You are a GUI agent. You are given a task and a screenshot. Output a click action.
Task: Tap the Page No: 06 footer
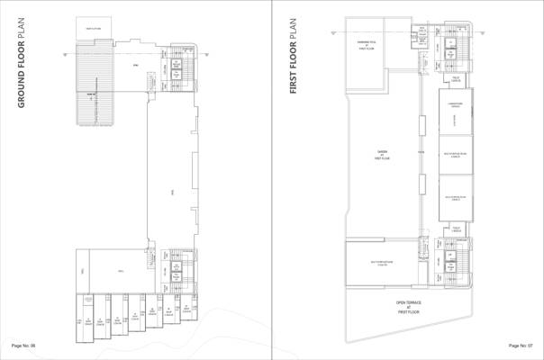pyautogui.click(x=23, y=346)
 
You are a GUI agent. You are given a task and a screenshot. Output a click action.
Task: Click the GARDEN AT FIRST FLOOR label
pyautogui.click(x=381, y=155)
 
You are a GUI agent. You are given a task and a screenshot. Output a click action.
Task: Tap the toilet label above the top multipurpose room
pyautogui.click(x=457, y=79)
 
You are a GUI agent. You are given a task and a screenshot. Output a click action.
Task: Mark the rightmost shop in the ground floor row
pyautogui.click(x=187, y=308)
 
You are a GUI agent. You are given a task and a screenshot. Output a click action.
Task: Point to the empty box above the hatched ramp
pyautogui.click(x=93, y=30)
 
